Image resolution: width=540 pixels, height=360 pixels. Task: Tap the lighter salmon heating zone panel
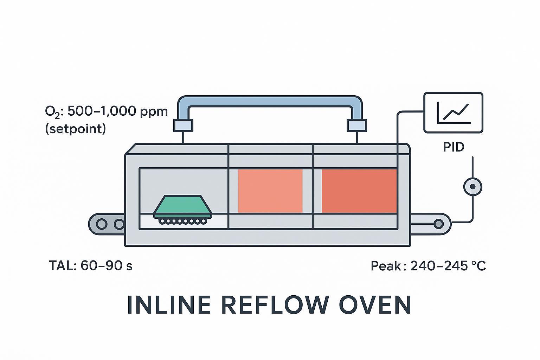click(x=270, y=191)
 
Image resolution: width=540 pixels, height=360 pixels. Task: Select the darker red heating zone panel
click(x=359, y=191)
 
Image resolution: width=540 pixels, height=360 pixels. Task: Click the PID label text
click(x=454, y=147)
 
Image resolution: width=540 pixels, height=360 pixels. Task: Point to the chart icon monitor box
click(x=453, y=113)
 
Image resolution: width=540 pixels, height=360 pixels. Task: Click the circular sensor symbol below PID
click(x=473, y=187)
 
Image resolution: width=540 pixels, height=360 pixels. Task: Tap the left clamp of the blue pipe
click(x=183, y=126)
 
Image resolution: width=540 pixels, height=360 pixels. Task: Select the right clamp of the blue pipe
click(x=357, y=126)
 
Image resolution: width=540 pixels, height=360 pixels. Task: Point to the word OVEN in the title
click(x=375, y=305)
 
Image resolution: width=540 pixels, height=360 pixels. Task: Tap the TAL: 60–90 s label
click(x=91, y=265)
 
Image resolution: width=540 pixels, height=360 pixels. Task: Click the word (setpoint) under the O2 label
click(x=75, y=129)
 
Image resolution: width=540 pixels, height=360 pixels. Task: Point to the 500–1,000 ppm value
click(x=117, y=111)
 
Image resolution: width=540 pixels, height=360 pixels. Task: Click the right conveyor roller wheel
click(x=438, y=224)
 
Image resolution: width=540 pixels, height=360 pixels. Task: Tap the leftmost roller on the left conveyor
click(x=102, y=224)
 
